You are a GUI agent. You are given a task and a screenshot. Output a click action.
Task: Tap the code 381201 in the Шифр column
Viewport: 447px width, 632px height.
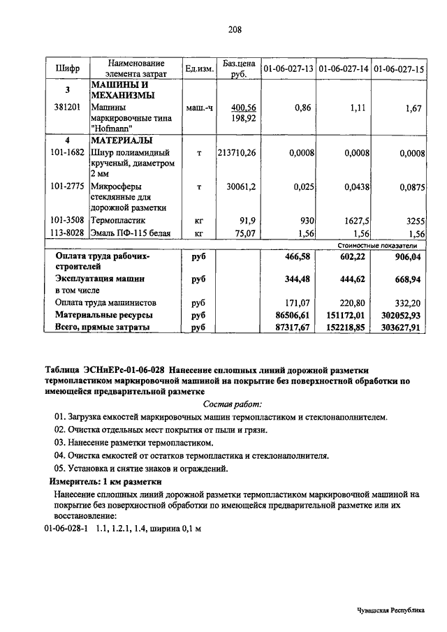pos(67,108)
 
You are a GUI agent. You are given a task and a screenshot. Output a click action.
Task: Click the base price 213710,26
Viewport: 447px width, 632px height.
pos(237,152)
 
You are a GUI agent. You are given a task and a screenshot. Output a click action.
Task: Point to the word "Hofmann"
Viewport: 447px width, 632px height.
pos(110,129)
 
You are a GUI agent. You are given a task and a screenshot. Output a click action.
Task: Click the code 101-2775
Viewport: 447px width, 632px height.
pos(68,186)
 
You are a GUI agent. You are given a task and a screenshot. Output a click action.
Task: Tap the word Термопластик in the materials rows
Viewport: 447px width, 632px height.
pos(117,220)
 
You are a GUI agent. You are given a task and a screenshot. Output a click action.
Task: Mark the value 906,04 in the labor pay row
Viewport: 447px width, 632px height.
pos(410,256)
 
